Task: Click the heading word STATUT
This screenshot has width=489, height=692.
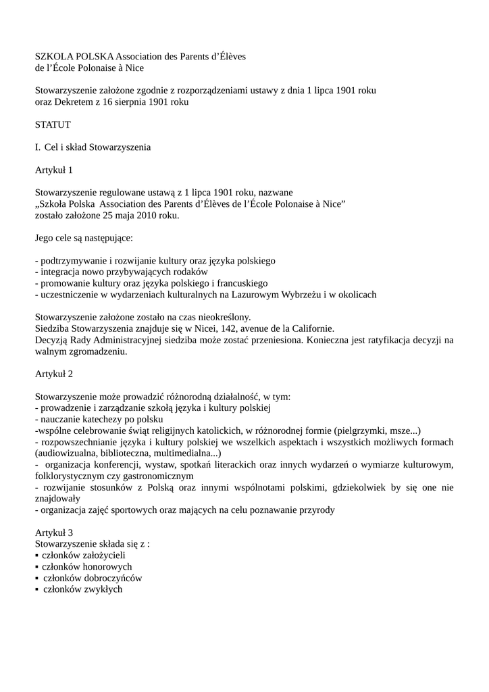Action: click(53, 124)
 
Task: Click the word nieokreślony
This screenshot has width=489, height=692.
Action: click(222, 317)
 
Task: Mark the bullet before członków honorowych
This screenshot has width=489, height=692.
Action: click(36, 567)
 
